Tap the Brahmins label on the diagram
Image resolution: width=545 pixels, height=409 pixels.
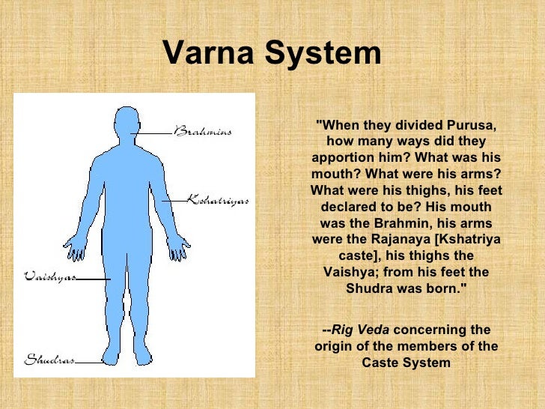coord(203,132)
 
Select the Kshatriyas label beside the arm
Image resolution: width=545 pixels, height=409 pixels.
coord(217,200)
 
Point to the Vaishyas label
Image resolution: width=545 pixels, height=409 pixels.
coord(49,276)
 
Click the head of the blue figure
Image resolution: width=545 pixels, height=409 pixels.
coord(127,124)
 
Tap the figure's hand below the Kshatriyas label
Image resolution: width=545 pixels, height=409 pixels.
coord(180,246)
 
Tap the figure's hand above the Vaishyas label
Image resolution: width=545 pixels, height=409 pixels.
coord(75,246)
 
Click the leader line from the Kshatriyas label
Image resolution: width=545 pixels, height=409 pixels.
coord(174,201)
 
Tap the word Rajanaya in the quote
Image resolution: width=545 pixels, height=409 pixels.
coord(409,239)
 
